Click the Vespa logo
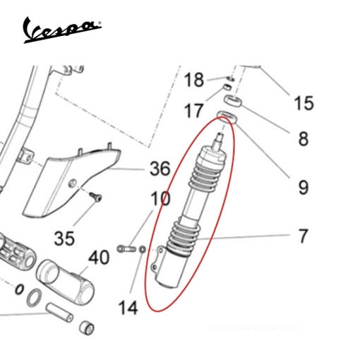62,30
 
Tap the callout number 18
193,80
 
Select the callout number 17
193,111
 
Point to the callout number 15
304,103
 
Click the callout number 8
304,138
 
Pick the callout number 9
304,188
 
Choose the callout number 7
303,236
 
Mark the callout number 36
160,169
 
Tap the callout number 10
160,198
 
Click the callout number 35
64,238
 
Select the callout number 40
99,257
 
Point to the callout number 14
128,308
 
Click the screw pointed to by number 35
95,197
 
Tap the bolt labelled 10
126,248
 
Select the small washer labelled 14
142,249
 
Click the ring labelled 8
232,100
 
